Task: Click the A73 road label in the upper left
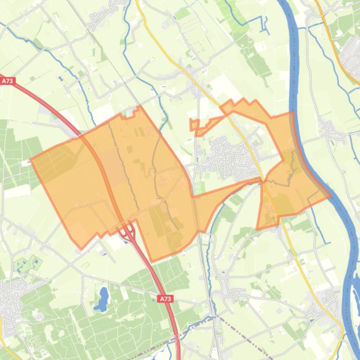[7, 81]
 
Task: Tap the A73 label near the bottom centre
[165, 298]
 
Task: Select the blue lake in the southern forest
[102, 299]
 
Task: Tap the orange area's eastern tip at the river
[330, 196]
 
